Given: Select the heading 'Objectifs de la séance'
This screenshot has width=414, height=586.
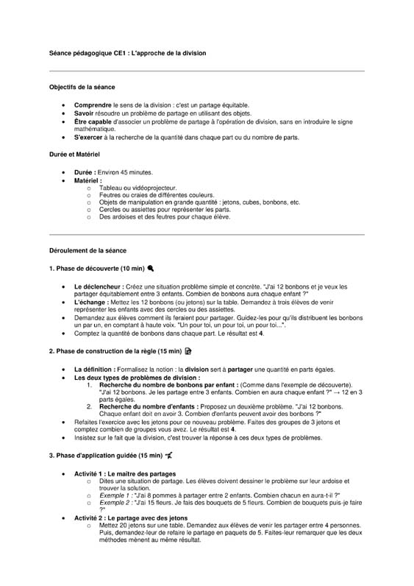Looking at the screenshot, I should (x=82, y=88).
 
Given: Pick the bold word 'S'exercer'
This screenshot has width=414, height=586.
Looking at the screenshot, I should (x=90, y=137).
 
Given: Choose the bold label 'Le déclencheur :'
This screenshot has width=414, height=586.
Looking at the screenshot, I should (x=100, y=286).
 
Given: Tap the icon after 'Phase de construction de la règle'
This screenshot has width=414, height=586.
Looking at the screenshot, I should (x=188, y=352).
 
